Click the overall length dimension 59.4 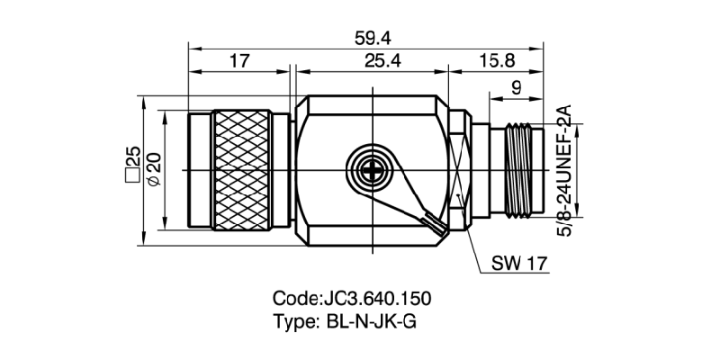coord(367,38)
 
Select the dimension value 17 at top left coord(239,61)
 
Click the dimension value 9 coord(515,88)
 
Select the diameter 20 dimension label coord(153,168)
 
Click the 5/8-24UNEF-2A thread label coord(566,171)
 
